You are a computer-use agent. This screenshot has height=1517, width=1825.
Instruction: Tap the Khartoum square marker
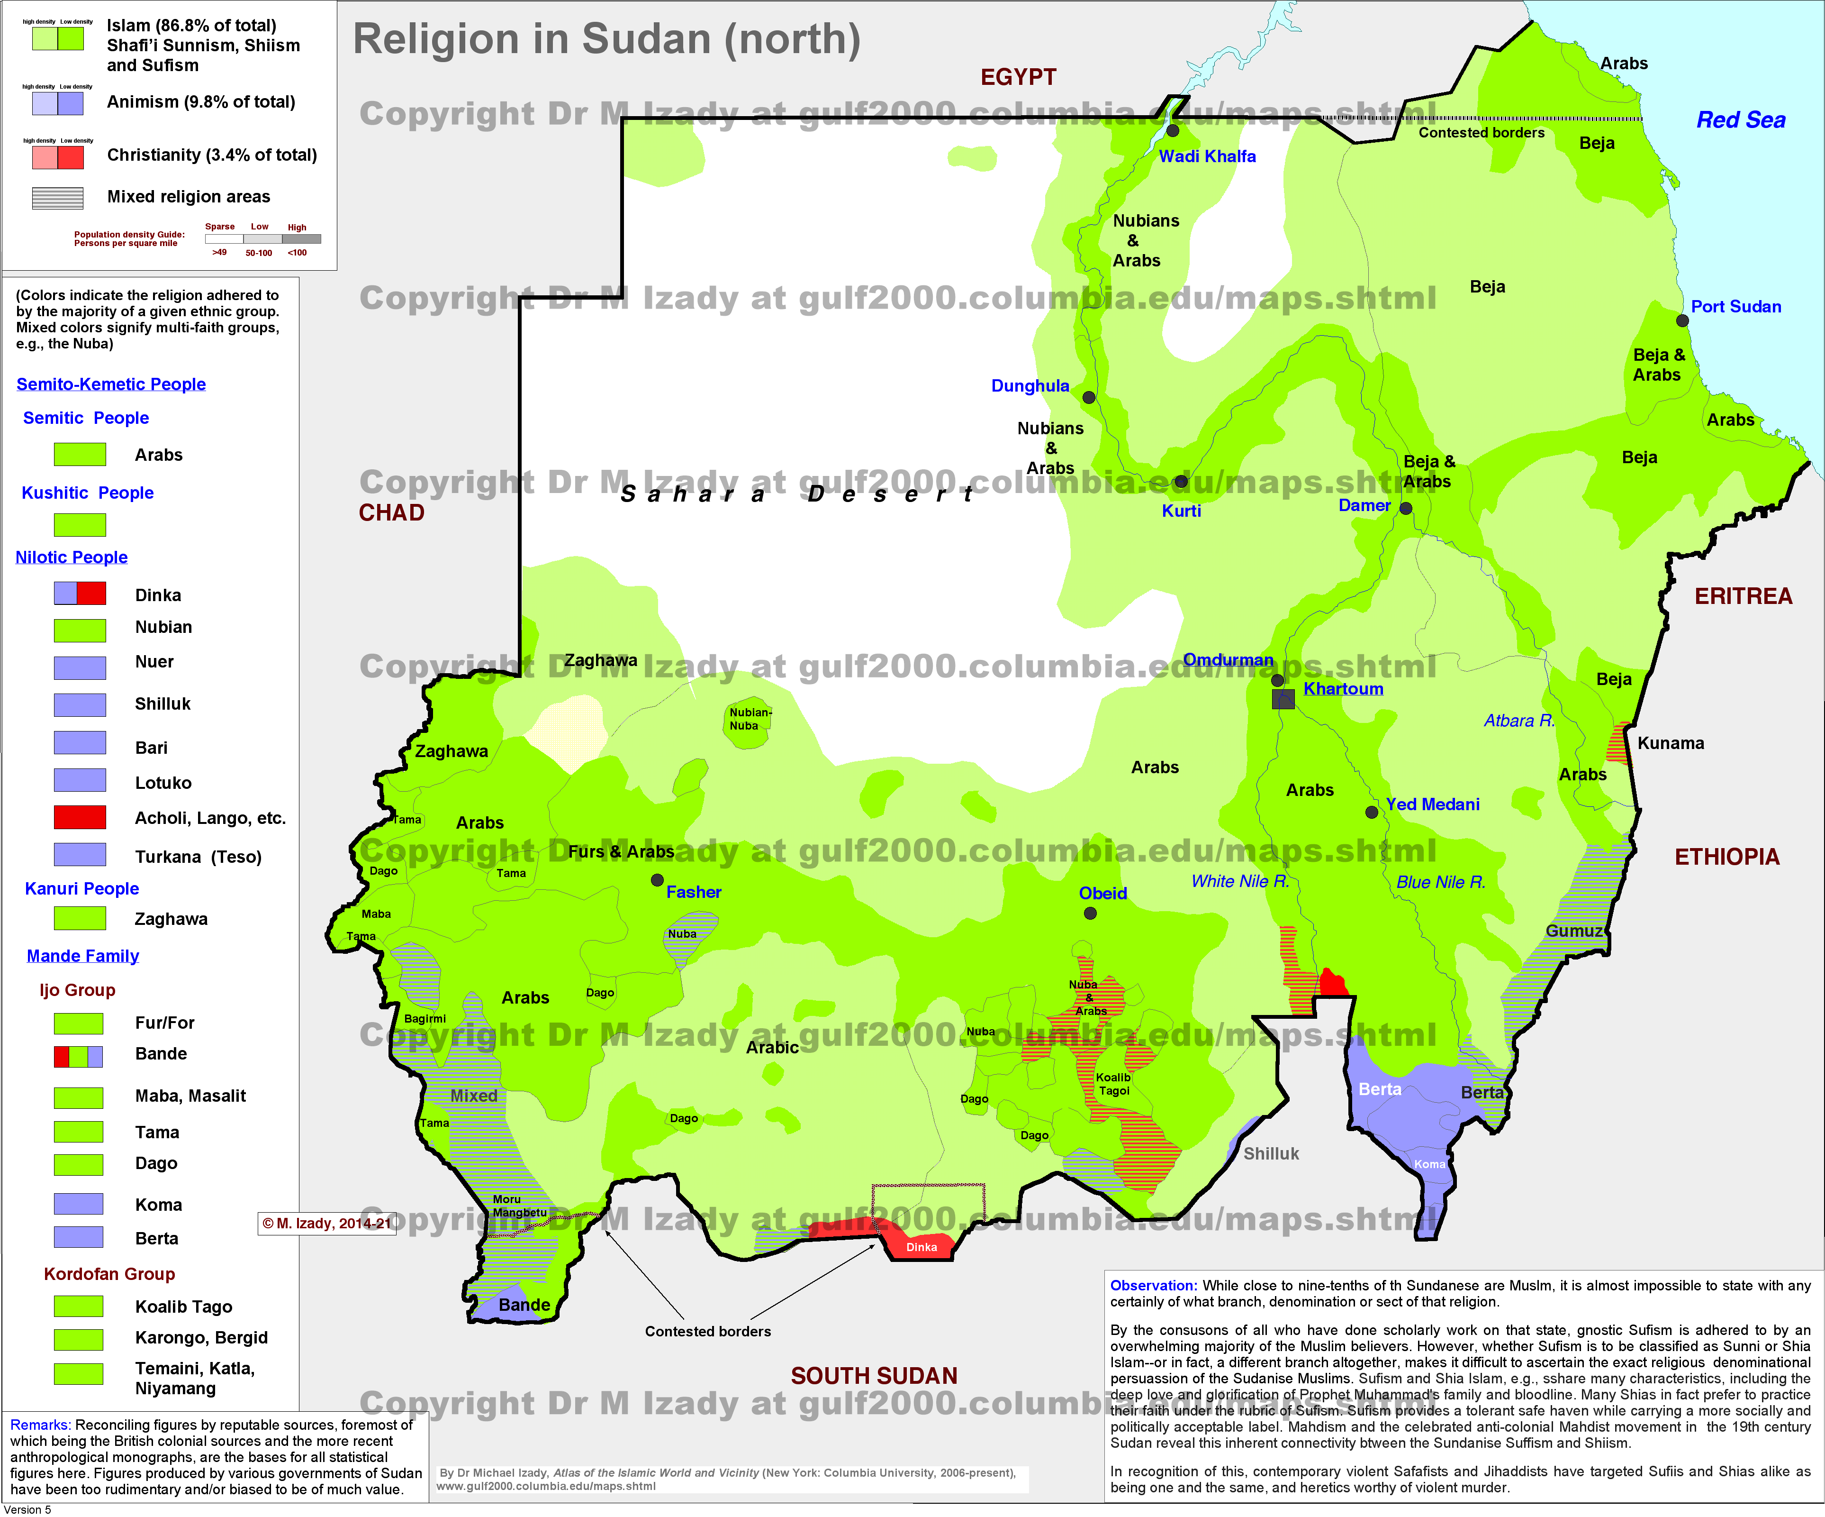point(1283,699)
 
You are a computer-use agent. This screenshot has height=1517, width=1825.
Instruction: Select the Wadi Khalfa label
point(1207,156)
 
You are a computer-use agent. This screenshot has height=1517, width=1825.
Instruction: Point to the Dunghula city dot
point(1089,397)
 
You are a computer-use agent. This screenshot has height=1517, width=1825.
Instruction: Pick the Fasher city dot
point(658,880)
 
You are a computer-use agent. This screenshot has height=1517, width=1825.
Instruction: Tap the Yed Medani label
point(1432,804)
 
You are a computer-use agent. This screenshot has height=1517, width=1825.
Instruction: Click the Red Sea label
point(1741,120)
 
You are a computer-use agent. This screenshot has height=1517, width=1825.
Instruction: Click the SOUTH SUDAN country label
point(873,1375)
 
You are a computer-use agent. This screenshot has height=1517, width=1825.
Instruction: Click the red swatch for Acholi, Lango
point(80,817)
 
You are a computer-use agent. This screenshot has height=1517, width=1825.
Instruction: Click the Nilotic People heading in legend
point(71,557)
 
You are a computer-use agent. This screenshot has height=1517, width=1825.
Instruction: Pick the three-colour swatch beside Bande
point(78,1056)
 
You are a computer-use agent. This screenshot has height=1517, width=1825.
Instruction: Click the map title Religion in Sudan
point(606,39)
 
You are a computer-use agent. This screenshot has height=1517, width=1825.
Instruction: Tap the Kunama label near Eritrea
point(1670,743)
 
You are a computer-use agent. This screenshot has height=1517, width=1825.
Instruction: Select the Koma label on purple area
point(1429,1164)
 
